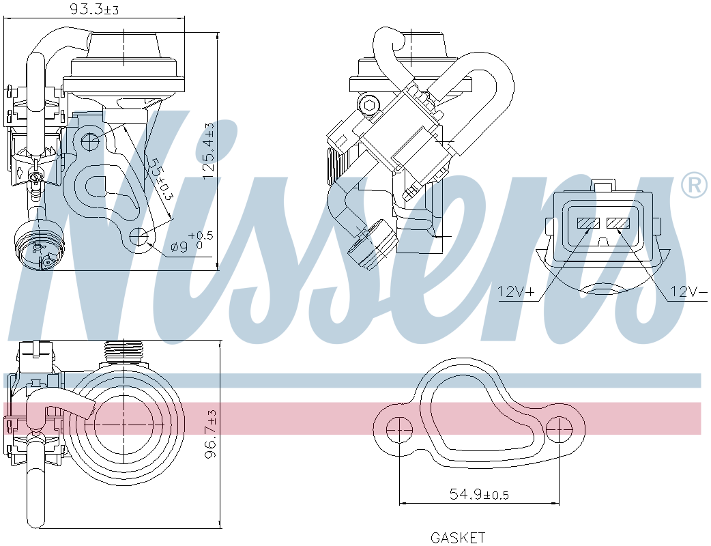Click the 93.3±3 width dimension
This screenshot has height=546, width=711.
click(x=95, y=10)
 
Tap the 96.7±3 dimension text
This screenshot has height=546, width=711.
click(x=211, y=434)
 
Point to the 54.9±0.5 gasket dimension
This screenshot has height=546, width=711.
click(x=478, y=494)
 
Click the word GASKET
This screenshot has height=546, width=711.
click(x=458, y=538)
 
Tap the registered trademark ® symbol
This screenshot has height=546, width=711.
click(x=694, y=185)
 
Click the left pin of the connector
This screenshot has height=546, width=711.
click(x=587, y=223)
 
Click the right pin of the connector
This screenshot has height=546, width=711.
click(x=618, y=223)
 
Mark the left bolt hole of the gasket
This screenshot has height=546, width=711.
click(x=398, y=429)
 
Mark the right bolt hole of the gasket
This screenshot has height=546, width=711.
click(x=559, y=429)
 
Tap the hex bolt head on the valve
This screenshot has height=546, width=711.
click(x=369, y=105)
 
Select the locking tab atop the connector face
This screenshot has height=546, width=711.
click(x=603, y=185)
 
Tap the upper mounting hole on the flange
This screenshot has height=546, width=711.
click(x=91, y=141)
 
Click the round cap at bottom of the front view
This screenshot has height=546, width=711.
click(x=38, y=246)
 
